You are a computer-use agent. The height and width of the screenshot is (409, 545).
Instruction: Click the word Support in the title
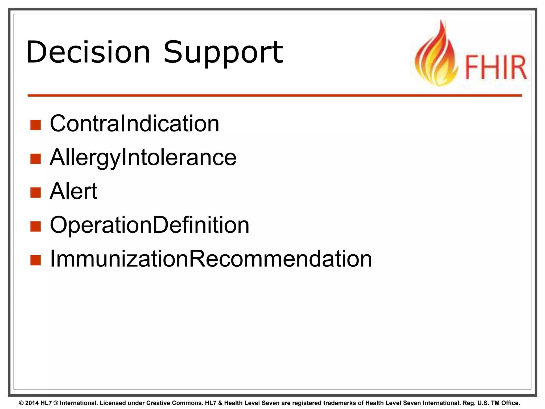(x=223, y=52)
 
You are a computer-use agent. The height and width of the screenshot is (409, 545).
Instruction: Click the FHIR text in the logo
(x=496, y=67)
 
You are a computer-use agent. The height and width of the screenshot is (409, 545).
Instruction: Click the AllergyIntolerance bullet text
(x=143, y=157)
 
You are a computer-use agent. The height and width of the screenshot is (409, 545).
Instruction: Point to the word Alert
(x=73, y=191)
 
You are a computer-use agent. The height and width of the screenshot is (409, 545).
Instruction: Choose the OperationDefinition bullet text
(x=150, y=225)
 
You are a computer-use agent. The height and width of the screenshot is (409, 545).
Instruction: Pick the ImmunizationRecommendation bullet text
(x=211, y=259)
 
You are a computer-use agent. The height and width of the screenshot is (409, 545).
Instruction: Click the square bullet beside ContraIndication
(x=35, y=125)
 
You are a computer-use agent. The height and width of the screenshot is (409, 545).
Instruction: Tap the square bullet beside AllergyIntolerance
(x=35, y=159)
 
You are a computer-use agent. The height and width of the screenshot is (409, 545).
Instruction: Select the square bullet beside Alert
(x=35, y=193)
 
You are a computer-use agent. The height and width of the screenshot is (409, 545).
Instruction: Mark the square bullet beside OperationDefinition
(x=35, y=227)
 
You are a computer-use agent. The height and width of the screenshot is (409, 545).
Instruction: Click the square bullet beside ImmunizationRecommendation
(x=35, y=260)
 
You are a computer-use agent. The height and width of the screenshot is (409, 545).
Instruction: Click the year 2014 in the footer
(x=32, y=403)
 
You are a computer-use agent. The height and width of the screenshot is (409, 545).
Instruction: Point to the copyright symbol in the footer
(x=21, y=403)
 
